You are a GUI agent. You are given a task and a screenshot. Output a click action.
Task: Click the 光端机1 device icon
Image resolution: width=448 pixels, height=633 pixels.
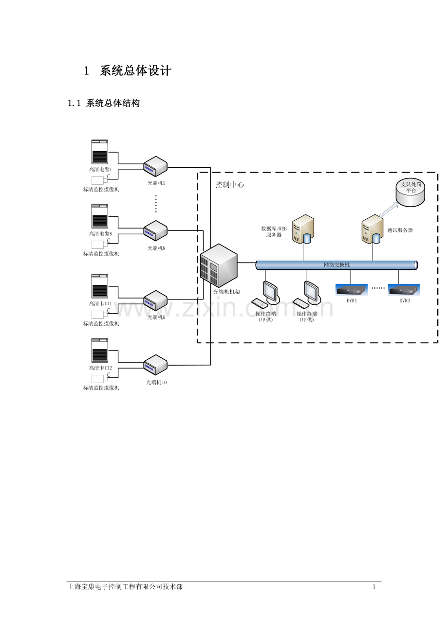155,166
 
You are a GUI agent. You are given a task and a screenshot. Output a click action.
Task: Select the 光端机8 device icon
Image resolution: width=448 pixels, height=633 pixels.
155,230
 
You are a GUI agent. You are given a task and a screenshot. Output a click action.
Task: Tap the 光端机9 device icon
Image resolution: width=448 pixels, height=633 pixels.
155,300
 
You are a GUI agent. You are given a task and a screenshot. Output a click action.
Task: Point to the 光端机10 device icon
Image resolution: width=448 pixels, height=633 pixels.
155,365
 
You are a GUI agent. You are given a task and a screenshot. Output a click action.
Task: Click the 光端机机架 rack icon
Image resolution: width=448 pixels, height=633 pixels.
219,265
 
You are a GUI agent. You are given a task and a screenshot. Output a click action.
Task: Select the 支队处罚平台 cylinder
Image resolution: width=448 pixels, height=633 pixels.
410,193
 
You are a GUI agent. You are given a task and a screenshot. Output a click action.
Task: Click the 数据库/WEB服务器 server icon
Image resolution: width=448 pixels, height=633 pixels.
303,229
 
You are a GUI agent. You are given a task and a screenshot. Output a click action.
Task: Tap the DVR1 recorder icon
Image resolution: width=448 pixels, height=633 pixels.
351,290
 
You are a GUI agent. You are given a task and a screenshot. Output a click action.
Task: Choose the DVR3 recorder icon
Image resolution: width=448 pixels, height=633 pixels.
404,290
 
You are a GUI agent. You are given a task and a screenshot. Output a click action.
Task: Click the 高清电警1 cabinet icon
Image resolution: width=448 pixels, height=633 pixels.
100,152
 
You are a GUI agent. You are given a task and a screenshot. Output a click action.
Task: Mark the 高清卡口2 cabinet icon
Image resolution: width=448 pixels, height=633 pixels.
100,351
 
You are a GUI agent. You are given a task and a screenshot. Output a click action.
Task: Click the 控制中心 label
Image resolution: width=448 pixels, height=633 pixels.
230,185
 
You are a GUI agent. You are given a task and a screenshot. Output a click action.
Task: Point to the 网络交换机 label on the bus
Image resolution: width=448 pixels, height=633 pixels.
336,265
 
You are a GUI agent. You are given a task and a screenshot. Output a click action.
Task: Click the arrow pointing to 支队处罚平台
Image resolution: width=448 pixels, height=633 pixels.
389,210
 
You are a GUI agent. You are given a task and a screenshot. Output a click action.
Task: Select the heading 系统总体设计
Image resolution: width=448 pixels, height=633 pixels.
135,71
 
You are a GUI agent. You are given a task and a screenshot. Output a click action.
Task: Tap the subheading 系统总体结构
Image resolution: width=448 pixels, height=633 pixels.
112,103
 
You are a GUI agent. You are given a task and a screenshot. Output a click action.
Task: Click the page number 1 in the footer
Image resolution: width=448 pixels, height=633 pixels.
374,587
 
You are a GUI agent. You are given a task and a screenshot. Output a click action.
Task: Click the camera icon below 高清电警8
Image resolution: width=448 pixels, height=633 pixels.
99,245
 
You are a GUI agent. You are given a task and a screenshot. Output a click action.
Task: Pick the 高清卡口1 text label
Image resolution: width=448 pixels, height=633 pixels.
101,303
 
